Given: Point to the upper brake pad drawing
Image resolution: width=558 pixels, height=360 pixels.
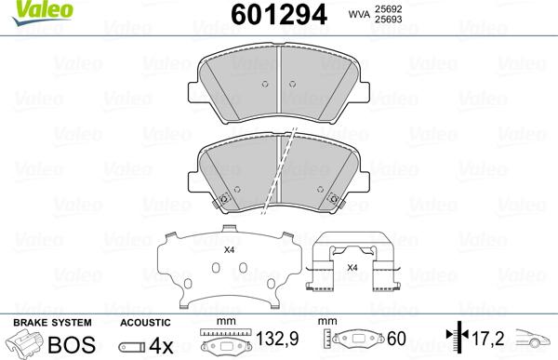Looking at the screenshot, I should pyautogui.click(x=280, y=84).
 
